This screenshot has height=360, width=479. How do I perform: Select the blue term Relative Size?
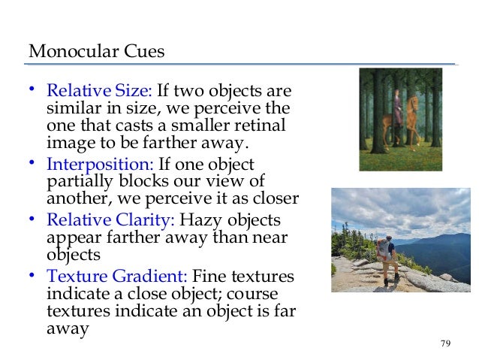click(100, 92)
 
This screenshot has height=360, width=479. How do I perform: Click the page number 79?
click(445, 343)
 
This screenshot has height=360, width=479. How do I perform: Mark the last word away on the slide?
click(68, 328)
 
